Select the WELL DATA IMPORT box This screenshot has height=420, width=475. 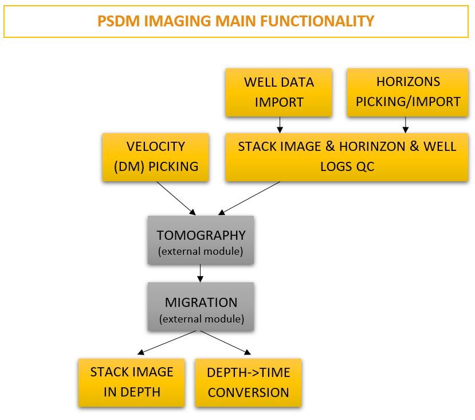coord(279,92)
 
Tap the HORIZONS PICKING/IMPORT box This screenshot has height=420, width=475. coord(408,92)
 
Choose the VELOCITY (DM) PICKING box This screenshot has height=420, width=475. coord(156,157)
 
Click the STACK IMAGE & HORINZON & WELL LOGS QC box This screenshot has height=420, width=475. coord(347,157)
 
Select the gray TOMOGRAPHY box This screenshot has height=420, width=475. coord(201,240)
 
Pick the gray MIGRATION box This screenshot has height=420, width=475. coord(201,306)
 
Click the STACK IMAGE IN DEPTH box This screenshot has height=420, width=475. coord(132,382)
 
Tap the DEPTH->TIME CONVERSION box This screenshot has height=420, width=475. coord(248,383)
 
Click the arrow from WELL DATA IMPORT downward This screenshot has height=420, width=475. coord(279,125)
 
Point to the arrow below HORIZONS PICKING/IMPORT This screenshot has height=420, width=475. coord(406,125)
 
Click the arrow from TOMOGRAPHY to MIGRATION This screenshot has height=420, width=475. coord(201,273)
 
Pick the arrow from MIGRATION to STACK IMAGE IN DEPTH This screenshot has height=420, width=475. coord(168,343)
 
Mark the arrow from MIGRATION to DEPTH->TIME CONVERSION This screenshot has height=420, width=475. coord(226,343)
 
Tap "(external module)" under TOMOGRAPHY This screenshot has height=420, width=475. coord(201,251)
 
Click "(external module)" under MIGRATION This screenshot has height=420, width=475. coord(201,318)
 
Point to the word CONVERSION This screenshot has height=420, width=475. coord(248,393)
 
